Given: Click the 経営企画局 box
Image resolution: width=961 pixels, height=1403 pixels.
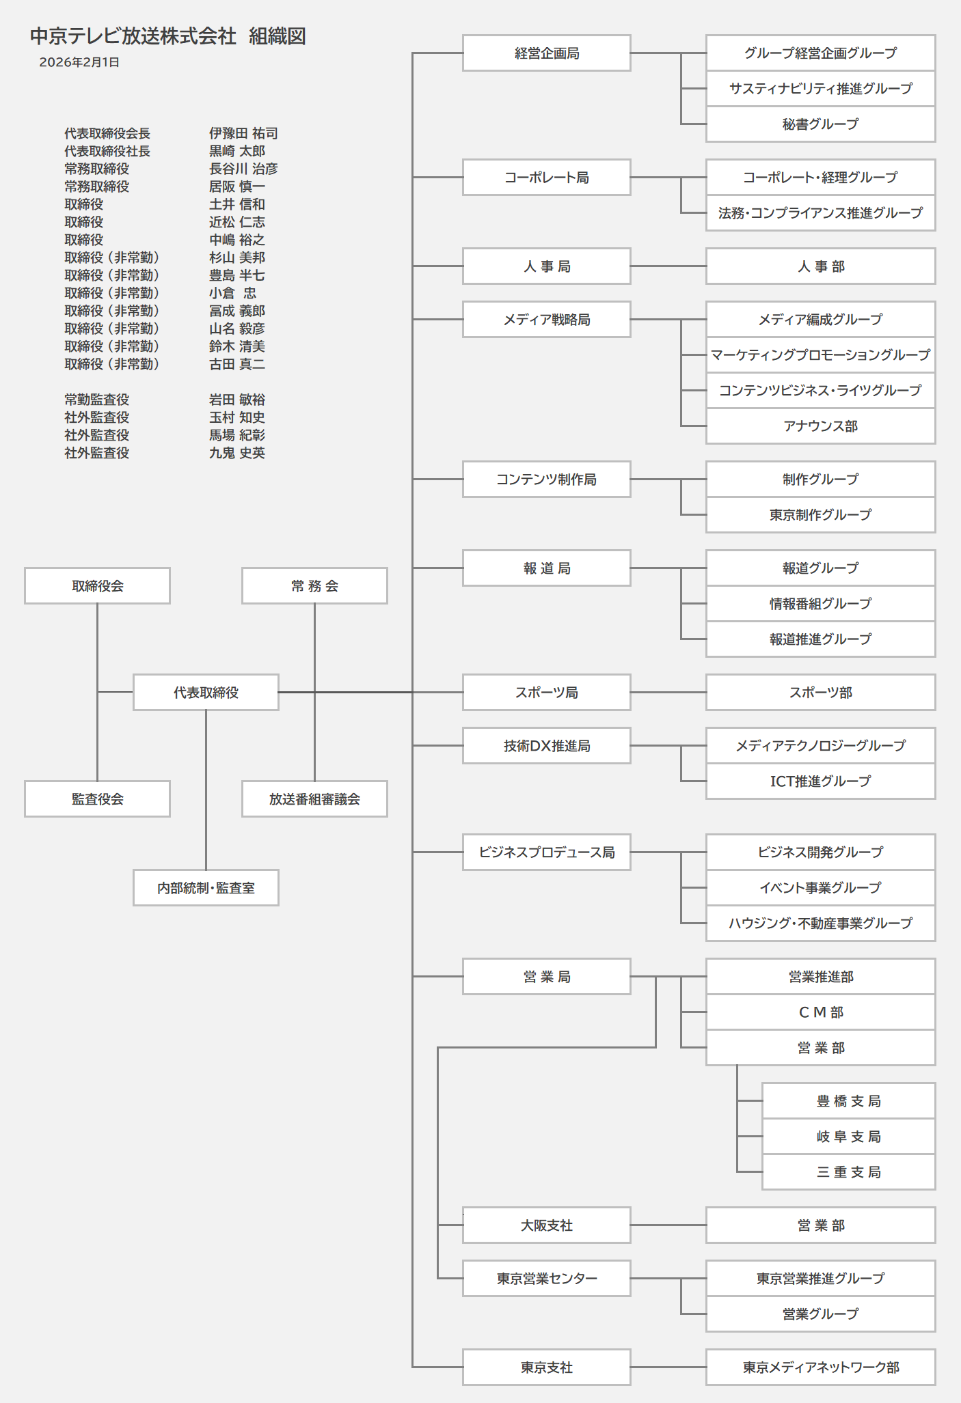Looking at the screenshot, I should pyautogui.click(x=546, y=53).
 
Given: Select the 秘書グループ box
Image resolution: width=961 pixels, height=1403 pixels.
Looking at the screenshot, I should pyautogui.click(x=820, y=124).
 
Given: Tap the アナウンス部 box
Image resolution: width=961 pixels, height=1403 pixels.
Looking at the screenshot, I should pyautogui.click(x=820, y=426).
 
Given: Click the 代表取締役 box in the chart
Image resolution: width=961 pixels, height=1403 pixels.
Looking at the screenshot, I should pyautogui.click(x=206, y=693).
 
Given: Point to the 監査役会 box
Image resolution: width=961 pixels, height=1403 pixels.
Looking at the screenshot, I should pyautogui.click(x=97, y=799).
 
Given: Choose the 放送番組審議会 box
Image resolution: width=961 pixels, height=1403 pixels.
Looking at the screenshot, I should pyautogui.click(x=314, y=799).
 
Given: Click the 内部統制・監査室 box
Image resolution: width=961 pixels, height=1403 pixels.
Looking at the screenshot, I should pyautogui.click(x=206, y=888).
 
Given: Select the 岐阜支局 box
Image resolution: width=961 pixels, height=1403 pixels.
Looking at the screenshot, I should pyautogui.click(x=848, y=1137).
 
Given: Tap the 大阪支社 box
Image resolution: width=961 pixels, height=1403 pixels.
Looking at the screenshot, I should pyautogui.click(x=546, y=1225).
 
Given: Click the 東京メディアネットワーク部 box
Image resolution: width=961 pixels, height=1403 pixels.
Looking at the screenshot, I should pyautogui.click(x=820, y=1367).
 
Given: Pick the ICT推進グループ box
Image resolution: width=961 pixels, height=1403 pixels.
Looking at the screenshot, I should pyautogui.click(x=820, y=781).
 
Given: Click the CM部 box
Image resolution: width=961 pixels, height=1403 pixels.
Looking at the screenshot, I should pyautogui.click(x=820, y=1012).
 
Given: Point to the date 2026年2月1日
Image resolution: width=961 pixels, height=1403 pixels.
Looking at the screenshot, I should pyautogui.click(x=79, y=62).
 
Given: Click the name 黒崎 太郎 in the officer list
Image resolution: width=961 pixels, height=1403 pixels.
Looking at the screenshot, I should pyautogui.click(x=237, y=151).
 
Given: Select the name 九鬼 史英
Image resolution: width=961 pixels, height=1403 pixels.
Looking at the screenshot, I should pyautogui.click(x=237, y=453).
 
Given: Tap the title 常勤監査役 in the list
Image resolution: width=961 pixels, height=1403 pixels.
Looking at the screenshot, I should pyautogui.click(x=97, y=400).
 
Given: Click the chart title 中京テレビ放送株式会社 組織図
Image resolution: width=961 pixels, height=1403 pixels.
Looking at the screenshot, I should pyautogui.click(x=168, y=36).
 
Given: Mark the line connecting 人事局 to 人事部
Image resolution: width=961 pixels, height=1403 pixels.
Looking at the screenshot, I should pyautogui.click(x=668, y=266).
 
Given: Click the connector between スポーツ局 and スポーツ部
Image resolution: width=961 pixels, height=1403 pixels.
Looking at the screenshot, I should pyautogui.click(x=668, y=693).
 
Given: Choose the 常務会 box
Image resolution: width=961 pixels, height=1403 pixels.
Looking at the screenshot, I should pyautogui.click(x=314, y=586).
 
